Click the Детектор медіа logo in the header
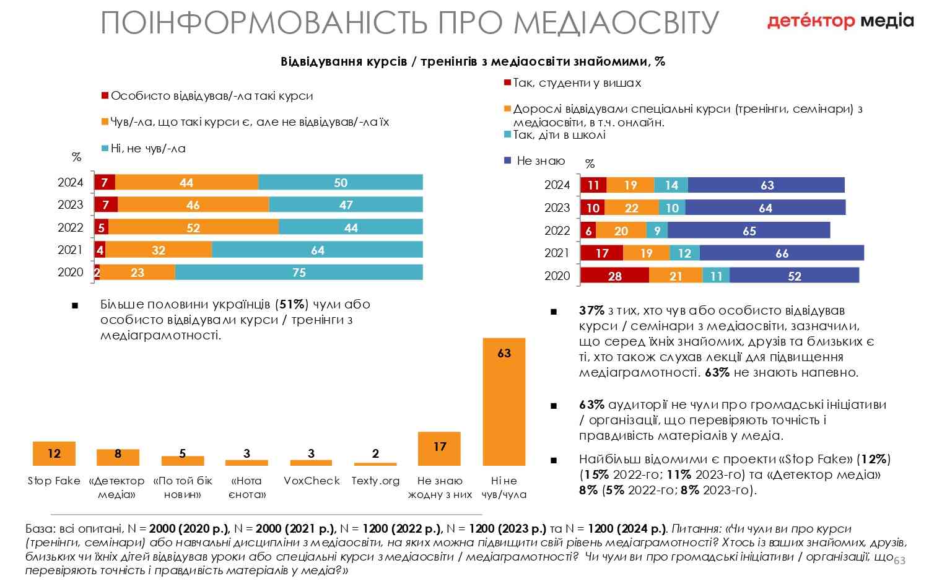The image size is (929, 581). coord(840,21)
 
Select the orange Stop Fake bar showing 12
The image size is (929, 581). coord(54,453)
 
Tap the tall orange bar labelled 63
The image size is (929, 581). coord(504,401)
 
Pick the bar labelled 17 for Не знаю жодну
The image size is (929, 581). coord(440,448)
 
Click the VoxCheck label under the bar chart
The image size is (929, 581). coord(312,481)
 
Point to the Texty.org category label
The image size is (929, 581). coord(375,481)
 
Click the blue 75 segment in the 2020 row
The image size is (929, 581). coord(299,273)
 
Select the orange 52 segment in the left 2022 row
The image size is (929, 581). coord(193,227)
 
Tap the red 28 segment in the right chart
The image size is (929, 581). coord(614,276)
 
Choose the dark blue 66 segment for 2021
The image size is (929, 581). coord(782,253)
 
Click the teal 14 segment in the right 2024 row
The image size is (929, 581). coord(671,185)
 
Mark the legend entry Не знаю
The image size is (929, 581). coord(541,161)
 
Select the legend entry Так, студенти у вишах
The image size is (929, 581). coord(577,83)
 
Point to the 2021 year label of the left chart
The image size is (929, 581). coord(70,250)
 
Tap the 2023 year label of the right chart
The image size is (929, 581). coord(557,207)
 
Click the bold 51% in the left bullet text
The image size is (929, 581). coord(292,305)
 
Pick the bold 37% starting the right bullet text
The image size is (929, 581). coord(591,310)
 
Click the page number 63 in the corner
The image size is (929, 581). coord(899,561)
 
